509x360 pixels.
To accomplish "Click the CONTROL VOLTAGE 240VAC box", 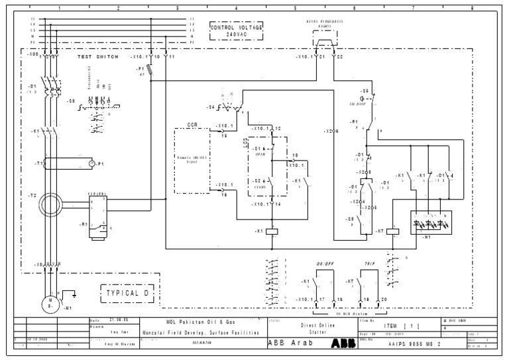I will click(x=237, y=30).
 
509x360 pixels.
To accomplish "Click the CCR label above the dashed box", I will click(x=192, y=124).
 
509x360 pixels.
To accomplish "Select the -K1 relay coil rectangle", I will click(x=271, y=231).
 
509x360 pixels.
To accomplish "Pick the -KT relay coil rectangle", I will click(x=392, y=231).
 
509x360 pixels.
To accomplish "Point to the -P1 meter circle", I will click(x=91, y=162).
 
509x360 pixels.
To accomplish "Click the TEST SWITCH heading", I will click(x=97, y=58).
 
